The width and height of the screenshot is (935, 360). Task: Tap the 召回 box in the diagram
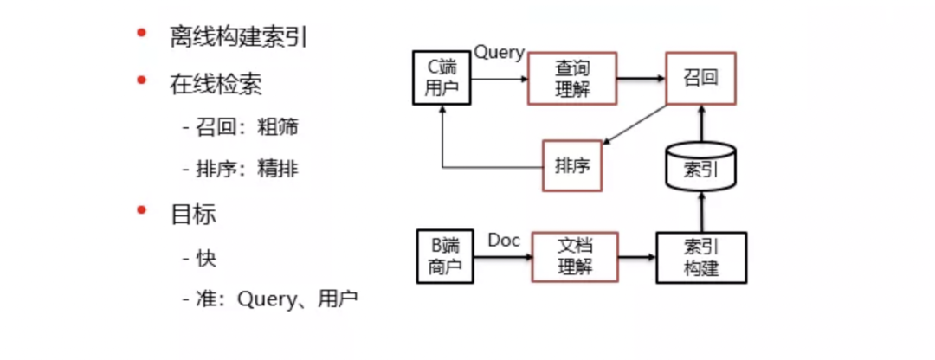click(700, 79)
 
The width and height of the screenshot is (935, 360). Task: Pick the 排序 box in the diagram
click(572, 165)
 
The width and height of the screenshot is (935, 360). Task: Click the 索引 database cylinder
click(700, 165)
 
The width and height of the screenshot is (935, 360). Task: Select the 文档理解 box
click(575, 257)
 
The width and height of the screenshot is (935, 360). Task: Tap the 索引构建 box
click(700, 257)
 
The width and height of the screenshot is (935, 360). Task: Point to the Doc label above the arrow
click(504, 240)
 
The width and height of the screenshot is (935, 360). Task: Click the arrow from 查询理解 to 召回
click(640, 79)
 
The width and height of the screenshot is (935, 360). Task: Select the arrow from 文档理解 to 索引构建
click(637, 257)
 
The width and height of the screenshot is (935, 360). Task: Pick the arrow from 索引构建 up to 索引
click(700, 211)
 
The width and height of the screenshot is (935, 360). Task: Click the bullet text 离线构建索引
click(238, 37)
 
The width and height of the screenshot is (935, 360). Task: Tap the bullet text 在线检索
click(216, 83)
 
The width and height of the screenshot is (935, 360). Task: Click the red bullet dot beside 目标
click(140, 211)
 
